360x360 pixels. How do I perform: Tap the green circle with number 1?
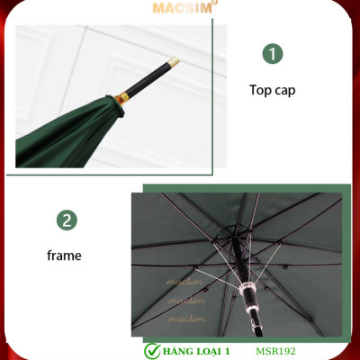[x=273, y=54]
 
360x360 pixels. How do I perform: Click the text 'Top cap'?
[x=272, y=90]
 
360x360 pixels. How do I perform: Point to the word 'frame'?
[x=64, y=256]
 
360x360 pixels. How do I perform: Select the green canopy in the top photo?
[x=72, y=135]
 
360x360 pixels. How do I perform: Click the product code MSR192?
[x=275, y=349]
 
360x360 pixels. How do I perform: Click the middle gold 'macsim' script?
[x=186, y=300]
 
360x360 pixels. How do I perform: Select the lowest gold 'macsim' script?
[x=186, y=318]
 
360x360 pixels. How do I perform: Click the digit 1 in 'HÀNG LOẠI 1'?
[x=231, y=349]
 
